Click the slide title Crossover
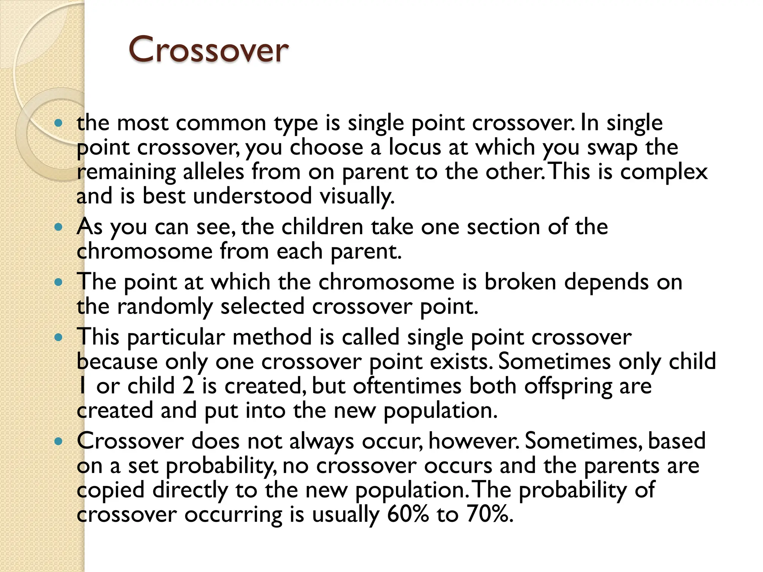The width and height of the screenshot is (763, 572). point(208,50)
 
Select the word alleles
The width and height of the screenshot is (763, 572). point(213,172)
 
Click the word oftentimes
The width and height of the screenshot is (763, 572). point(407,386)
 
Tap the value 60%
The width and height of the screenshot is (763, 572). point(408,514)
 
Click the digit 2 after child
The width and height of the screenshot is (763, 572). point(188,386)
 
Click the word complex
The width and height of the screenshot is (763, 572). point(664,172)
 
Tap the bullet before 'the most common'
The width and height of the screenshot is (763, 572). point(58,123)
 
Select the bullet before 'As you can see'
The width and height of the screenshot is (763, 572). point(58,227)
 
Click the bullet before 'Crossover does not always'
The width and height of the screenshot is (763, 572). point(58,442)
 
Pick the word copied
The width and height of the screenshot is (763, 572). point(111,490)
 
